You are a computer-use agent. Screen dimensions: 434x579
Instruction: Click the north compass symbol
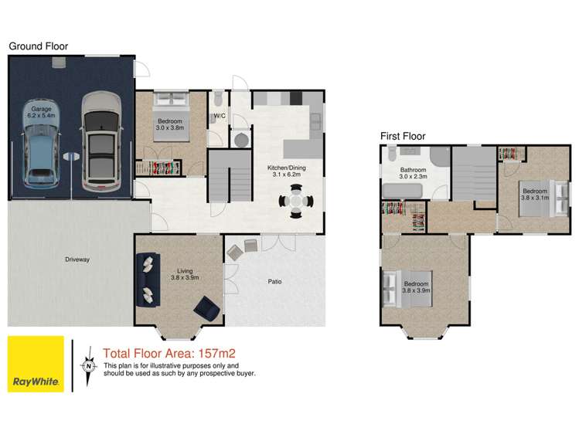click(x=89, y=366)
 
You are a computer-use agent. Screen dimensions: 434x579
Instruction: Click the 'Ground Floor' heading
click(x=39, y=46)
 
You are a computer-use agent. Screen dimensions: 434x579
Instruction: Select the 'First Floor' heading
click(x=403, y=137)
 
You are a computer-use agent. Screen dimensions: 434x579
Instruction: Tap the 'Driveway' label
click(x=78, y=259)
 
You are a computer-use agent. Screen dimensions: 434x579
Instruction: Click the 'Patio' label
click(x=274, y=281)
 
